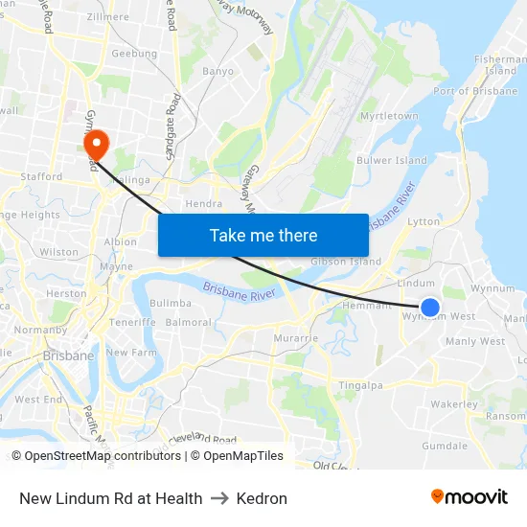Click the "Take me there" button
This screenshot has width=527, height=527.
[x=263, y=235]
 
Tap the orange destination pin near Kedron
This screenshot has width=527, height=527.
[x=97, y=144]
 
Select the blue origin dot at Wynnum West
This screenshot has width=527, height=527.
[x=430, y=308]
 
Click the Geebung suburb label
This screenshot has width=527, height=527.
[x=134, y=54]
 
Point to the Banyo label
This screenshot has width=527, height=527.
[x=218, y=71]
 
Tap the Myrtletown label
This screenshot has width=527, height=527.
[x=389, y=116]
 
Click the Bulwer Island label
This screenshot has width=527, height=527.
[x=391, y=160]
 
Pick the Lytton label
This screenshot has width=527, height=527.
[x=424, y=221]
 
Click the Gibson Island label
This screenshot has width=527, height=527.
[x=345, y=262]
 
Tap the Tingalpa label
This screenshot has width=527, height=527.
[x=360, y=385]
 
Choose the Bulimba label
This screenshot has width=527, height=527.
[x=171, y=303]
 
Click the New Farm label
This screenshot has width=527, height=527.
[x=130, y=353]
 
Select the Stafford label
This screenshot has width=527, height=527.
[x=42, y=176]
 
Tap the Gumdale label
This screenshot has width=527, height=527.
[x=445, y=446]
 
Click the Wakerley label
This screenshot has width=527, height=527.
[x=453, y=404]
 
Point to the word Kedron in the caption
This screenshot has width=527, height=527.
[x=262, y=498]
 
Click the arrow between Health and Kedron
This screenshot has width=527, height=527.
[x=219, y=498]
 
